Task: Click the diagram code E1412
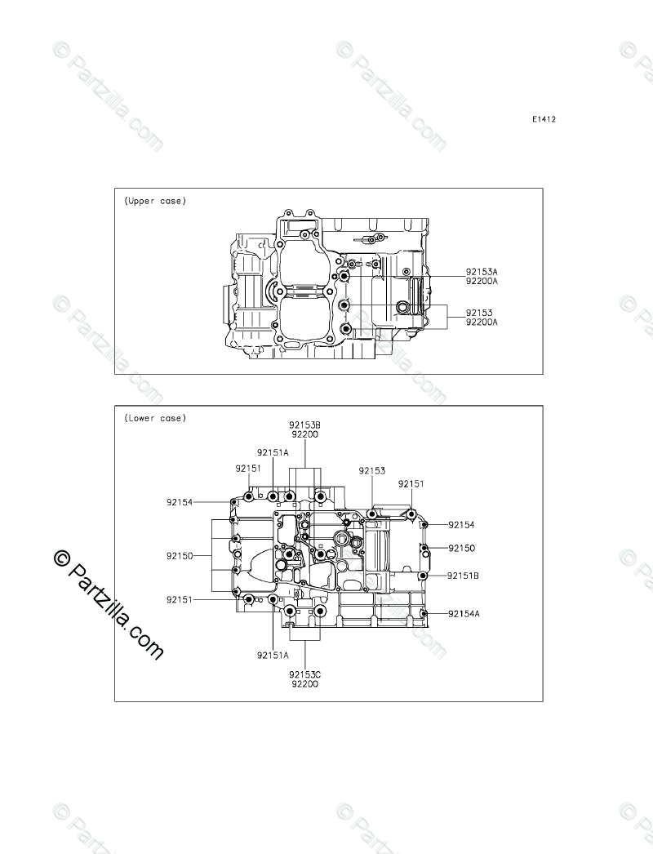(544, 119)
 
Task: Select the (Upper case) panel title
(155, 201)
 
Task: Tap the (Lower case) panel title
(155, 418)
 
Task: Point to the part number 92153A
(482, 271)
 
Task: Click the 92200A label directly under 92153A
(482, 281)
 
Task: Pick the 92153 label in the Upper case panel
(478, 313)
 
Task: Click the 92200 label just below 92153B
(305, 434)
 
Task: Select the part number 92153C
(305, 675)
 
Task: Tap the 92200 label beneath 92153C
(305, 684)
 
